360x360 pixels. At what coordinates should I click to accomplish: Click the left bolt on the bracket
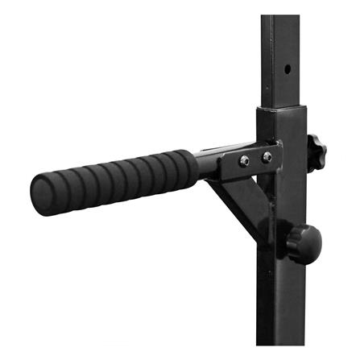[x=244, y=160]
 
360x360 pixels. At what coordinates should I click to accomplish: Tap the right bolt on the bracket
[x=267, y=157]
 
